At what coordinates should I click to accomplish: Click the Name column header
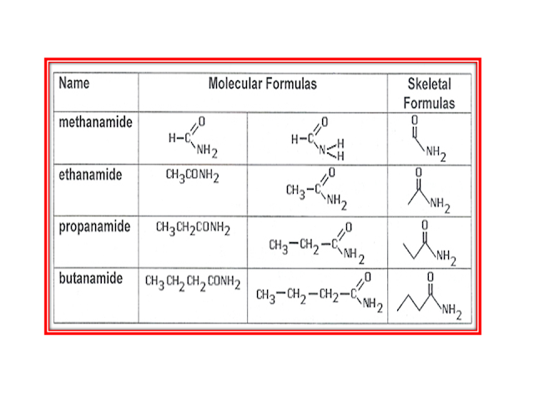click(74, 84)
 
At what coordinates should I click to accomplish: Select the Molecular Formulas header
click(262, 84)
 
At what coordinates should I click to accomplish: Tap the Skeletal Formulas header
click(429, 94)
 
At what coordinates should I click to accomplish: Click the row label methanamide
click(95, 122)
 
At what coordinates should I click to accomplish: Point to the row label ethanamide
click(90, 175)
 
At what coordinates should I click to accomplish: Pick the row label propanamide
click(94, 227)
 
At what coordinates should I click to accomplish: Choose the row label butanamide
click(91, 278)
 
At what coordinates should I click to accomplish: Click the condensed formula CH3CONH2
click(192, 177)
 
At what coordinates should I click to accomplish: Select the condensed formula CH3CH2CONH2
click(193, 228)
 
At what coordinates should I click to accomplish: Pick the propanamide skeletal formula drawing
click(428, 242)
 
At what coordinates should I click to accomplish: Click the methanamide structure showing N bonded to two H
click(319, 139)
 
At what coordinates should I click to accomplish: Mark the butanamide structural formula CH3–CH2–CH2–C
click(318, 293)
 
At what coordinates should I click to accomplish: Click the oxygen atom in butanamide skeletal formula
click(431, 276)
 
